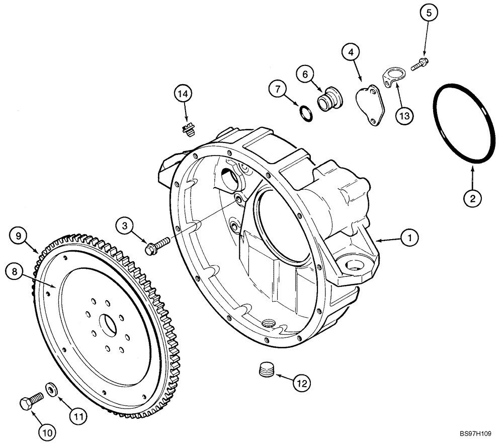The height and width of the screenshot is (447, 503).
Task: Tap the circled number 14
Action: point(184,94)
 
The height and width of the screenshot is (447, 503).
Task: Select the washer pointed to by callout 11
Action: point(51,389)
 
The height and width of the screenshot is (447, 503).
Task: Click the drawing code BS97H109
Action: point(475,434)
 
